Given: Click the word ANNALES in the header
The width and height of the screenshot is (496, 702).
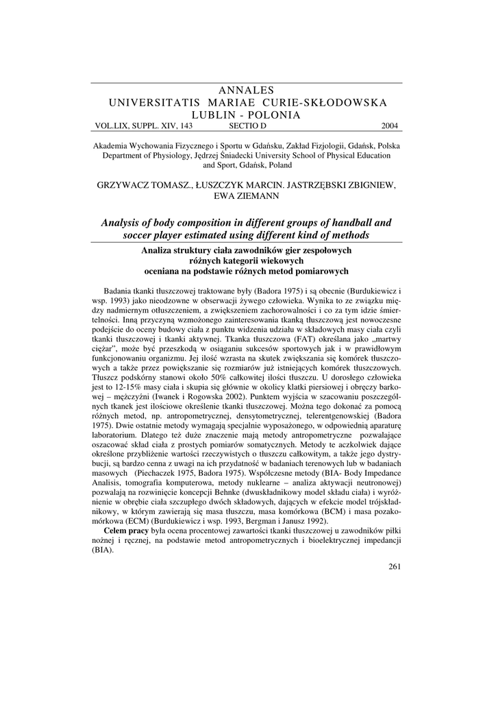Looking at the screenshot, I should [247, 90].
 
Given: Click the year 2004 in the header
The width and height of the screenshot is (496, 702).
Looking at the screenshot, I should [389, 125].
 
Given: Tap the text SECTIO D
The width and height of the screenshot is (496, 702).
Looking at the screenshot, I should [247, 125].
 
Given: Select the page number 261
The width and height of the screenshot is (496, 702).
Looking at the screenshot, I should [393, 566].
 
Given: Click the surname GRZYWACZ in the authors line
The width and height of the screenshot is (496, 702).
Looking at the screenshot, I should [127, 185].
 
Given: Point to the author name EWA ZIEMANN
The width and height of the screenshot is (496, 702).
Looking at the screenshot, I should [247, 196].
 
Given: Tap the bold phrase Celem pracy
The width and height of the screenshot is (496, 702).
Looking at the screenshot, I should [125, 531].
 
